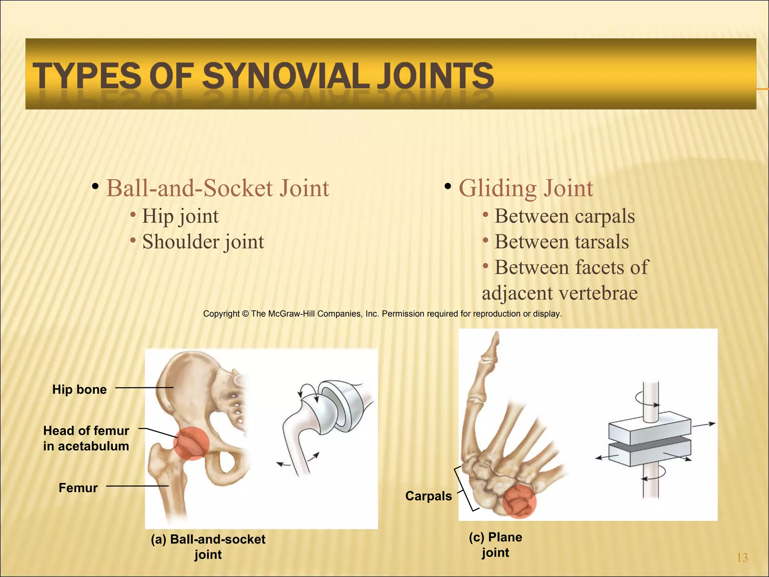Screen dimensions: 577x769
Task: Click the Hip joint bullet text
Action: [180, 216]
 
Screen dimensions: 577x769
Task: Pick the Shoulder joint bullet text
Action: [203, 242]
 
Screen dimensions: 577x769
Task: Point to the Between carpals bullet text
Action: [564, 216]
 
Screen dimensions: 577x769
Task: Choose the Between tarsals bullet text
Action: [561, 242]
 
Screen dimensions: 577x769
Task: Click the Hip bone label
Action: [80, 390]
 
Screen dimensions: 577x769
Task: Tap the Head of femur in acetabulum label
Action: [86, 438]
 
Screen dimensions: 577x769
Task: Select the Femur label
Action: [78, 488]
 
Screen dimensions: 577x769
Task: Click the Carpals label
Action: [428, 496]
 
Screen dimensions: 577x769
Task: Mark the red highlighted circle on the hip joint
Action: [191, 443]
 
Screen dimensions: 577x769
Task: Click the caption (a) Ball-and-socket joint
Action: [208, 547]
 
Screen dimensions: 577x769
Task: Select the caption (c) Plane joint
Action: [496, 545]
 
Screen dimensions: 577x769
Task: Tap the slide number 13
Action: [742, 558]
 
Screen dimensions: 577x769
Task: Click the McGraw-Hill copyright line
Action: [382, 314]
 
